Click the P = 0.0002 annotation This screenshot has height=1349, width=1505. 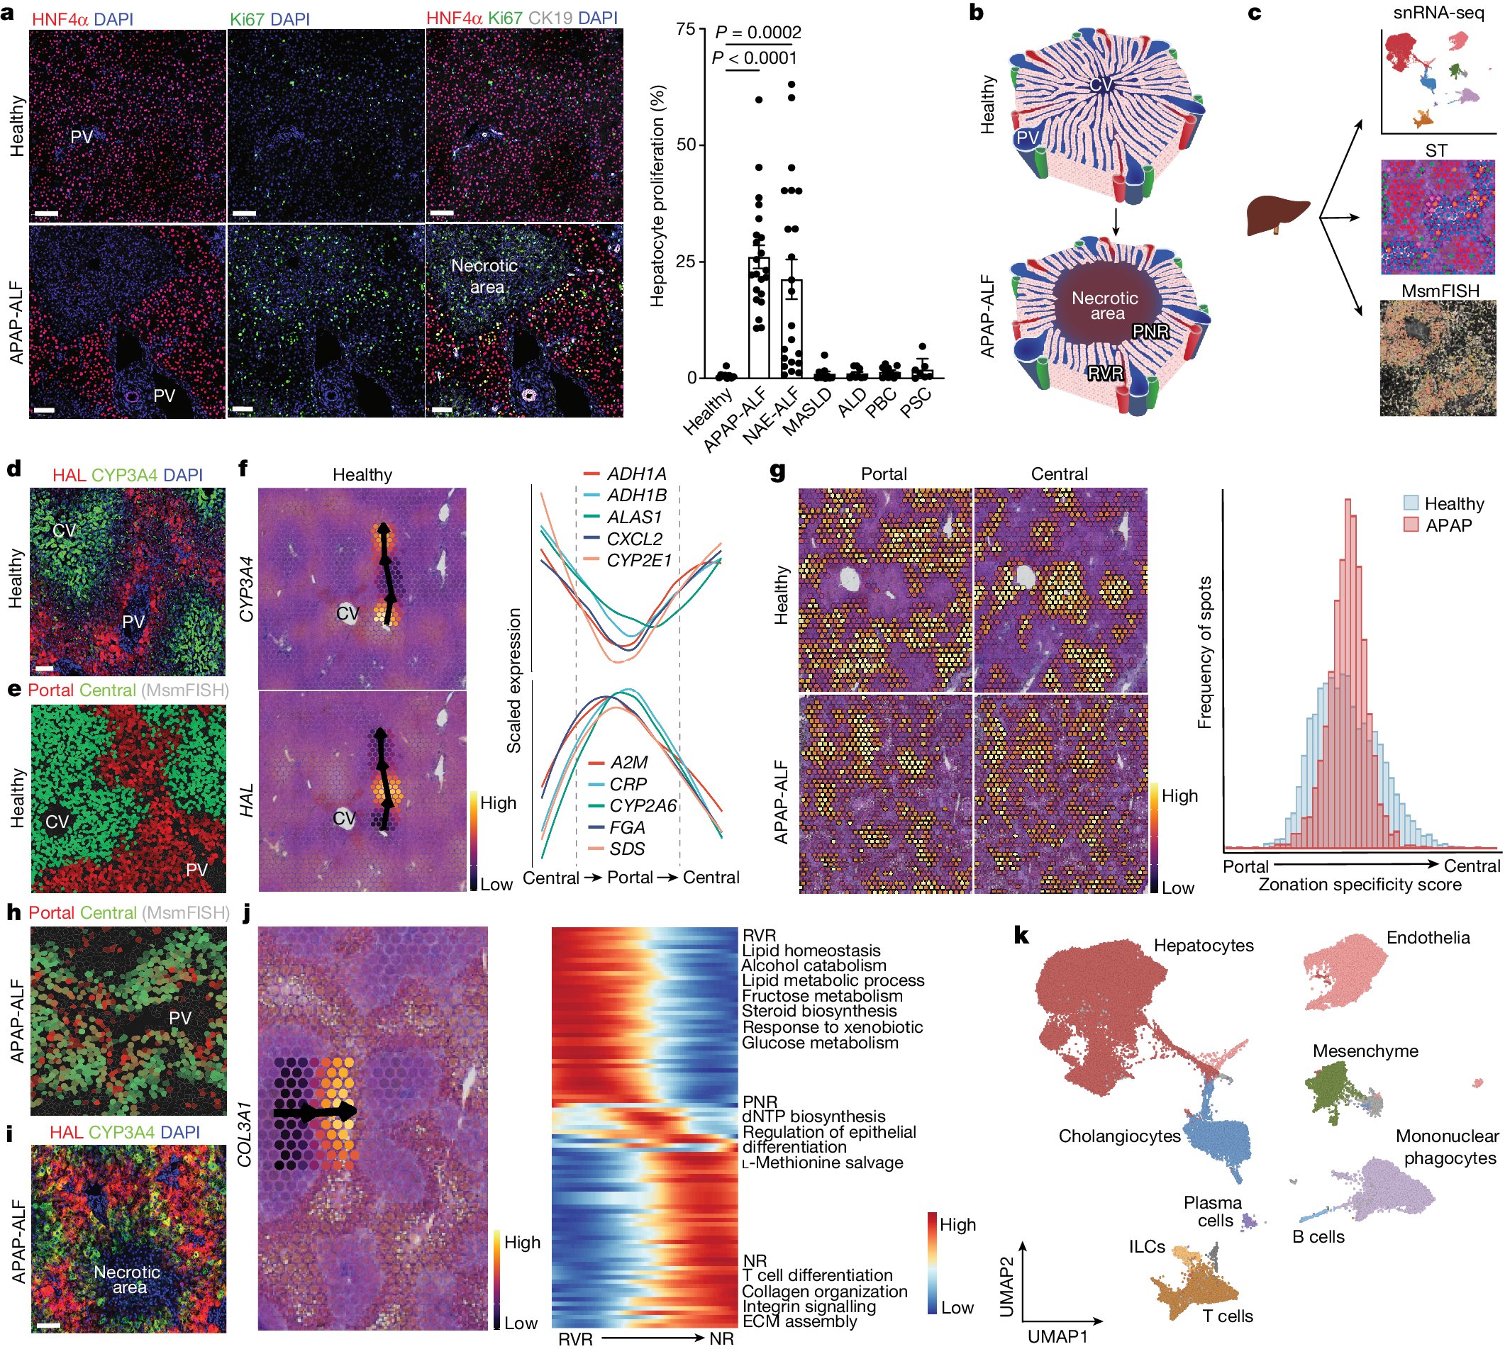pos(757,32)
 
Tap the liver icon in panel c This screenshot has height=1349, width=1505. pos(1277,215)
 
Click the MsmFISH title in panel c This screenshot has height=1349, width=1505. pos(1439,291)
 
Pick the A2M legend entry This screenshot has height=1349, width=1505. pos(628,763)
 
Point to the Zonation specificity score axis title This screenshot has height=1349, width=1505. pos(1360,885)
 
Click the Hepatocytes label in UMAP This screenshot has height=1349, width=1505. pos(1204,946)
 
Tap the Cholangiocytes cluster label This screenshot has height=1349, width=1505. pos(1118,1136)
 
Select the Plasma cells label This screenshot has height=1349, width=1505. pos(1212,1211)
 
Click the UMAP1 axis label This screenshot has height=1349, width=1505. pos(1057,1336)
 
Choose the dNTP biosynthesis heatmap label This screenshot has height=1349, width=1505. pos(813,1116)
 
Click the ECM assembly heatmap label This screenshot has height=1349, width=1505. pos(799,1321)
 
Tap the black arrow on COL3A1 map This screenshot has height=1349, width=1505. pos(315,1111)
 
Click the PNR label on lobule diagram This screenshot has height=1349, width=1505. pos(1150,332)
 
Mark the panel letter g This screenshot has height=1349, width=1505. pos(777,471)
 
